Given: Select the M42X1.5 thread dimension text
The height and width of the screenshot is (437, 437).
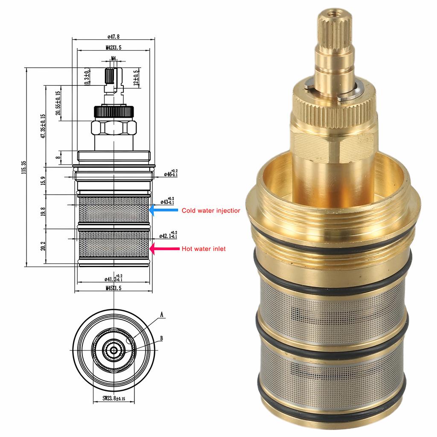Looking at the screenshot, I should click(x=114, y=48).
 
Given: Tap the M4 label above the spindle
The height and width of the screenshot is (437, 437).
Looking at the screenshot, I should click(x=114, y=58).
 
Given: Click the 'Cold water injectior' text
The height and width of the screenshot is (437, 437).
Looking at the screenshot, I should click(x=211, y=210).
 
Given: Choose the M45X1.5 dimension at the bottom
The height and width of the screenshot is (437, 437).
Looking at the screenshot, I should click(x=114, y=288).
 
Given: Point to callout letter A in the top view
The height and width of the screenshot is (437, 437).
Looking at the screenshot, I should click(x=162, y=315).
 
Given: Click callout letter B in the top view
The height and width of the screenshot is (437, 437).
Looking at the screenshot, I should click(x=161, y=338).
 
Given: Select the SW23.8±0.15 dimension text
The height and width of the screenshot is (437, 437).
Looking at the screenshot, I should click(x=114, y=399).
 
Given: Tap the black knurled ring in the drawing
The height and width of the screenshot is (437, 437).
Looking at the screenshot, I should click(x=114, y=111).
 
